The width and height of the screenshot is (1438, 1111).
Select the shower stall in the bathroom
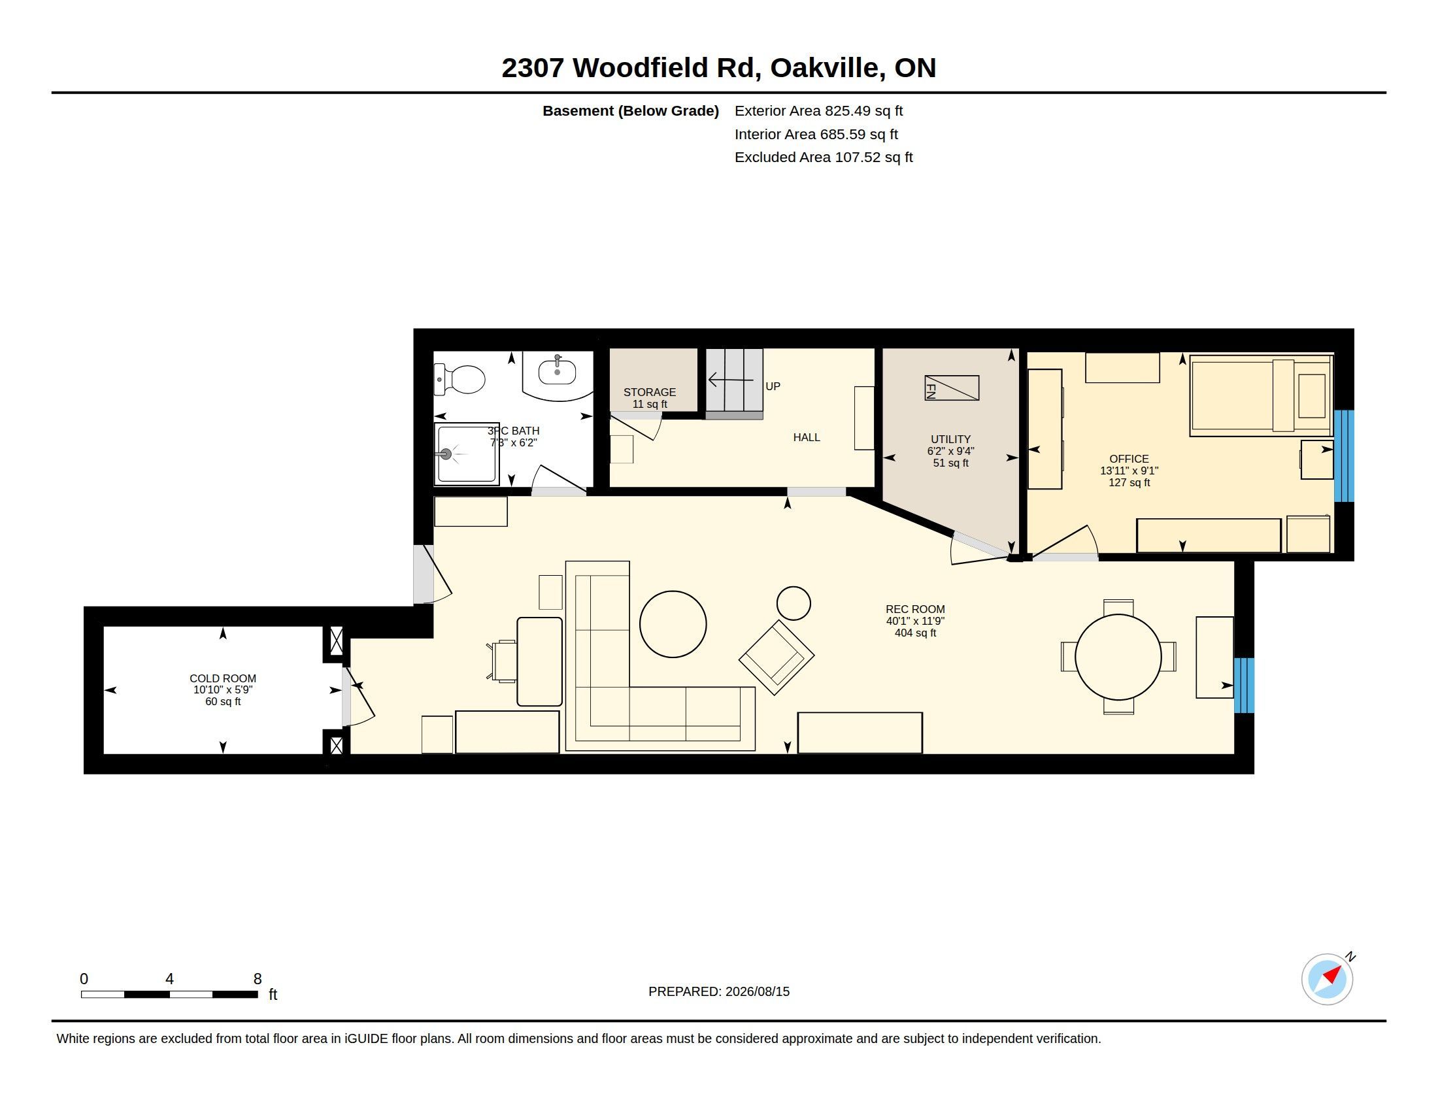[x=467, y=454]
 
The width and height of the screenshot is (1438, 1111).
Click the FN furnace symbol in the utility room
[x=952, y=388]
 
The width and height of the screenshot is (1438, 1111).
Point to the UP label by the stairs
[x=773, y=386]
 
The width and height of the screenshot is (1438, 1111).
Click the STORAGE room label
[x=650, y=392]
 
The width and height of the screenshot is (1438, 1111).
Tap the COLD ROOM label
[x=222, y=678]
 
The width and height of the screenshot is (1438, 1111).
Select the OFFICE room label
[x=1129, y=459]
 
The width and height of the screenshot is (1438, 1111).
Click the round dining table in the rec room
[x=1118, y=657]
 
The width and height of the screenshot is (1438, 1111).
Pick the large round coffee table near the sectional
[x=673, y=624]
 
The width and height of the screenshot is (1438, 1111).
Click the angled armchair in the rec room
[x=777, y=657]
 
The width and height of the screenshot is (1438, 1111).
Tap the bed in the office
[x=1262, y=395]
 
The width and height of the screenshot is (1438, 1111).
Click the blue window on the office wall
[x=1344, y=456]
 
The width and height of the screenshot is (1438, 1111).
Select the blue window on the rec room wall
[x=1244, y=685]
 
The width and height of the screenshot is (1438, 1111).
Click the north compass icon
[x=1328, y=979]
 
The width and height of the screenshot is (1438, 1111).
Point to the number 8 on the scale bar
[x=258, y=979]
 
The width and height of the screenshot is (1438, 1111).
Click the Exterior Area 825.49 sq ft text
[x=818, y=110]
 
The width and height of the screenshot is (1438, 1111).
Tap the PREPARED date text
[x=719, y=991]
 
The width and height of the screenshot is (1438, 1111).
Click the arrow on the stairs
[x=730, y=380]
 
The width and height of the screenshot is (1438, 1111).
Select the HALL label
[x=807, y=437]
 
